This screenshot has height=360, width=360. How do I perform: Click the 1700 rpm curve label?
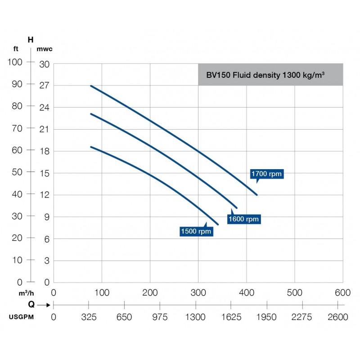(x=267, y=174)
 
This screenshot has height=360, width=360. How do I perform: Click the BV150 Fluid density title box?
(x=270, y=75)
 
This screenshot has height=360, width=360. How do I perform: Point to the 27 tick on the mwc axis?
(x=44, y=85)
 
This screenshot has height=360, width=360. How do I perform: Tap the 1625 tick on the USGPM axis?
(x=231, y=317)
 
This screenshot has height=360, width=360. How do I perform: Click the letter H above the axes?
(x=31, y=40)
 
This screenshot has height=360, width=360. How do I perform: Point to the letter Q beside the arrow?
(x=31, y=304)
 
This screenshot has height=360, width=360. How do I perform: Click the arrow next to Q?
(x=44, y=305)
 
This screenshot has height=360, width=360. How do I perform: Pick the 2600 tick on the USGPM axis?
(x=338, y=317)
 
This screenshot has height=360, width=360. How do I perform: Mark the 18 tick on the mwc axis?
(x=44, y=151)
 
